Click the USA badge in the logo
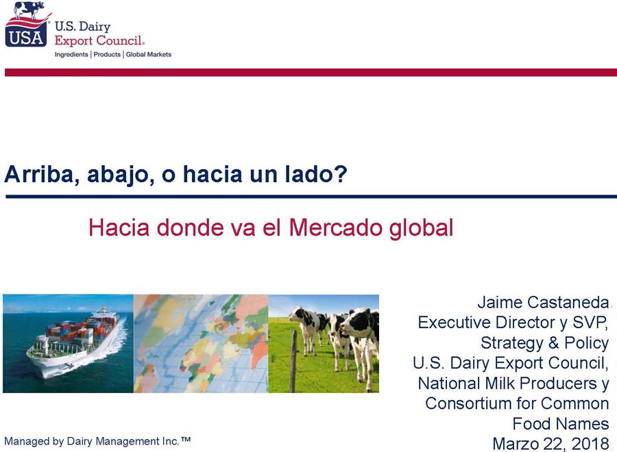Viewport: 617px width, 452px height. point(26,37)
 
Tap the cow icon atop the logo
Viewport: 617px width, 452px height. point(29,10)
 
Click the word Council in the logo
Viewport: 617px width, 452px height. point(120,40)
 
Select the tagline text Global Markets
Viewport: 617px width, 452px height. point(149,54)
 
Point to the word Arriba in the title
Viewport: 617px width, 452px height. point(39,174)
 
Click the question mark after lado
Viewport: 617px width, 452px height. point(341,174)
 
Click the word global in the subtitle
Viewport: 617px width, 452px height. point(422,228)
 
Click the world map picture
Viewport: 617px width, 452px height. point(201,344)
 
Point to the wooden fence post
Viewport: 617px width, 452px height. point(293,361)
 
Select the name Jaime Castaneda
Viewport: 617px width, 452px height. point(543,302)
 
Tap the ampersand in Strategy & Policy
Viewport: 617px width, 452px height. point(554,342)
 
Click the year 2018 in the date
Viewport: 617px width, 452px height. point(590,444)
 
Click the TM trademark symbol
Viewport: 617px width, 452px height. point(186,439)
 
